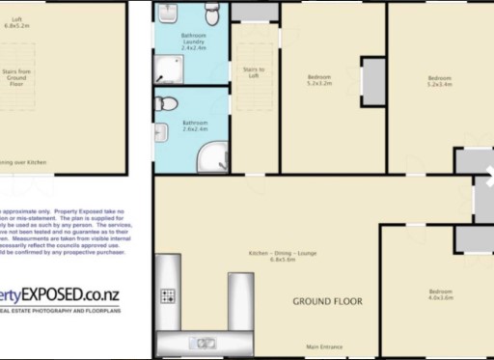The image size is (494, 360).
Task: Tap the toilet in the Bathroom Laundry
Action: click(x=212, y=11)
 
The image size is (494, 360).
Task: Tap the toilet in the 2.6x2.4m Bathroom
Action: click(x=166, y=103)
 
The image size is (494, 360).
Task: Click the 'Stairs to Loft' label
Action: click(x=253, y=71)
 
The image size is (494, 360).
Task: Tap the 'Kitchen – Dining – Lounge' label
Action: click(x=282, y=255)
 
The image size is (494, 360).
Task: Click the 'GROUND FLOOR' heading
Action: click(x=327, y=301)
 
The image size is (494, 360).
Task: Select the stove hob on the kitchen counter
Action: click(x=167, y=295)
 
